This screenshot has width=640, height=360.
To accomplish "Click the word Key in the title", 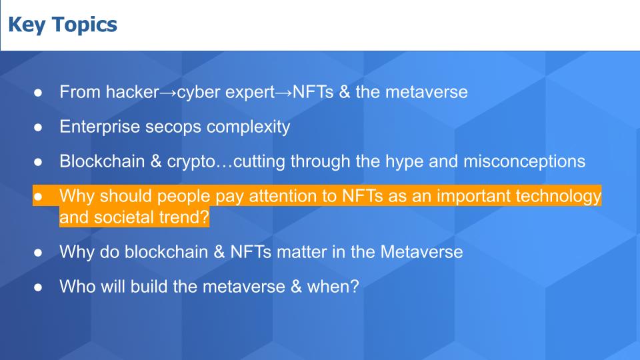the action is pos(27,25).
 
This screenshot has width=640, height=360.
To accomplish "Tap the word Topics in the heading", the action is pos(85,25).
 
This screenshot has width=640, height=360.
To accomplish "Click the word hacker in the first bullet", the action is pos(132,92).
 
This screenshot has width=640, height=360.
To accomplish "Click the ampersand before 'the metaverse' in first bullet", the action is pos(345,92).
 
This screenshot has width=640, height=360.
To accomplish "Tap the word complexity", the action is pos(248,127).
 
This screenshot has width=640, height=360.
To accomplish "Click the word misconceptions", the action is pos(524,162).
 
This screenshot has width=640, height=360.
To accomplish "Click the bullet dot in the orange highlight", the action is pos(38,197).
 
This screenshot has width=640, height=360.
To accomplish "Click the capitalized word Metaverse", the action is pos(421,252).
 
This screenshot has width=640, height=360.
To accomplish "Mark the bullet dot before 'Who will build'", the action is pos(38,287).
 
